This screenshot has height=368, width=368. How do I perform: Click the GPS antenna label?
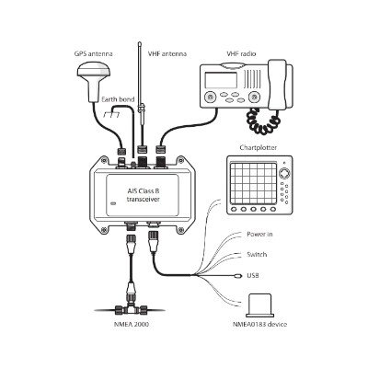pos(94,54)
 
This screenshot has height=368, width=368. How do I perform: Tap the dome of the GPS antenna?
pos(94,72)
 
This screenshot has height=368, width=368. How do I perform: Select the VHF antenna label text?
pos(167,54)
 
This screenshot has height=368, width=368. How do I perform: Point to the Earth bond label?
pos(118,99)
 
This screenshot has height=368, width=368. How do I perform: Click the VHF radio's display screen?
pos(221,80)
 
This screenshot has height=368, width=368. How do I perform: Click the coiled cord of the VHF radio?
pos(263,121)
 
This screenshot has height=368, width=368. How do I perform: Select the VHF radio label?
pos(241,54)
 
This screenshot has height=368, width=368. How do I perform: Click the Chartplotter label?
pos(259,148)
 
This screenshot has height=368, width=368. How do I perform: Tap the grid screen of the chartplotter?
pos(254,182)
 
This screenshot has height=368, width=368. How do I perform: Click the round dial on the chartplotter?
pos(284,173)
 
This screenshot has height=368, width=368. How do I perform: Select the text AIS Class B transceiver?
pos(144,195)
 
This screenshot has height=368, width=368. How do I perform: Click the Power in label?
pos(259,235)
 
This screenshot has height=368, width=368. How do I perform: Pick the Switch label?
pos(257,255)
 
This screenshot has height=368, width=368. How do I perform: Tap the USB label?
pos(253,275)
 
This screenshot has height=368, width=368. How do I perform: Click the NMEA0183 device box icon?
pos(259,305)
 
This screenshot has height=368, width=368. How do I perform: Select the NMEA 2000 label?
pos(131,324)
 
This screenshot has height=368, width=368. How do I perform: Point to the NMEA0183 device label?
pos(259,324)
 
